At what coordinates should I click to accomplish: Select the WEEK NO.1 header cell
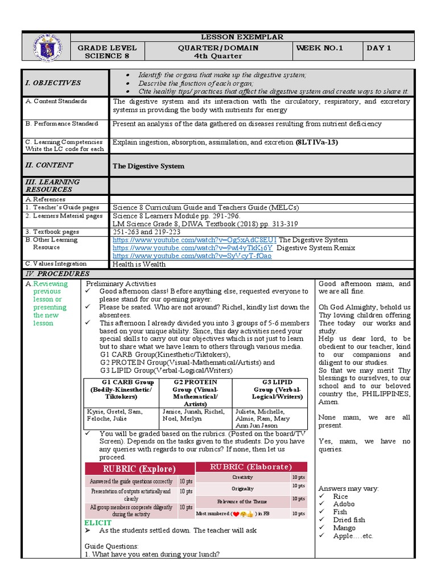click(319, 48)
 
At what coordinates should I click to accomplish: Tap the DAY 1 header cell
click(379, 48)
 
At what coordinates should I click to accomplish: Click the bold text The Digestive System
click(149, 166)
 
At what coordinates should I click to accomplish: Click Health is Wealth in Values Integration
click(139, 264)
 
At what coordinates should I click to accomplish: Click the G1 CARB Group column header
click(120, 382)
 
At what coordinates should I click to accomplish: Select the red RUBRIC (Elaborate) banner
click(243, 467)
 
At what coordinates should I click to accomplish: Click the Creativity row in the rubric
click(242, 477)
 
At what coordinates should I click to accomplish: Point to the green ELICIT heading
click(94, 522)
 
